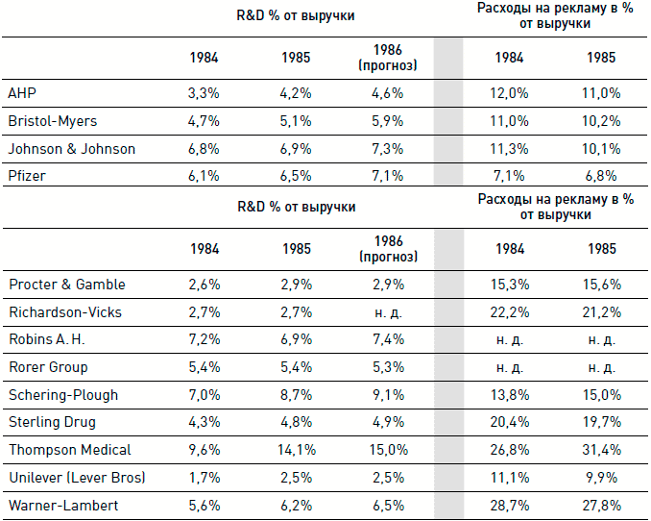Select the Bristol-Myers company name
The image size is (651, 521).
(53, 122)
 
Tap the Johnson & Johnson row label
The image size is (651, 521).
(72, 149)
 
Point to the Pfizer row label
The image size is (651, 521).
(28, 177)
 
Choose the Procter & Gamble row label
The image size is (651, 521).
(67, 285)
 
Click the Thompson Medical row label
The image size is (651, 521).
(69, 449)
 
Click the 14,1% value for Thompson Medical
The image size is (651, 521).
(296, 449)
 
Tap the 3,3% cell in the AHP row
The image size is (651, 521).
(204, 94)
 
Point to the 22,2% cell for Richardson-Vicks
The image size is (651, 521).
(510, 312)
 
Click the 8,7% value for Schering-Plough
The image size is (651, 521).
(296, 394)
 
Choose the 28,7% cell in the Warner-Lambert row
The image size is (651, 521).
(510, 504)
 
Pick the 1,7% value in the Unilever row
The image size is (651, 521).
(204, 476)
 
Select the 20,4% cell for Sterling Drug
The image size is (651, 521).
(510, 422)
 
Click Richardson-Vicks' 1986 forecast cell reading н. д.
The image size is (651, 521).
(387, 312)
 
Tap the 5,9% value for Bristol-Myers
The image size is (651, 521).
(387, 122)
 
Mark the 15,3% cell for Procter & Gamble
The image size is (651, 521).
(510, 285)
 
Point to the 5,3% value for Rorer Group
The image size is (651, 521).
(387, 367)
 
